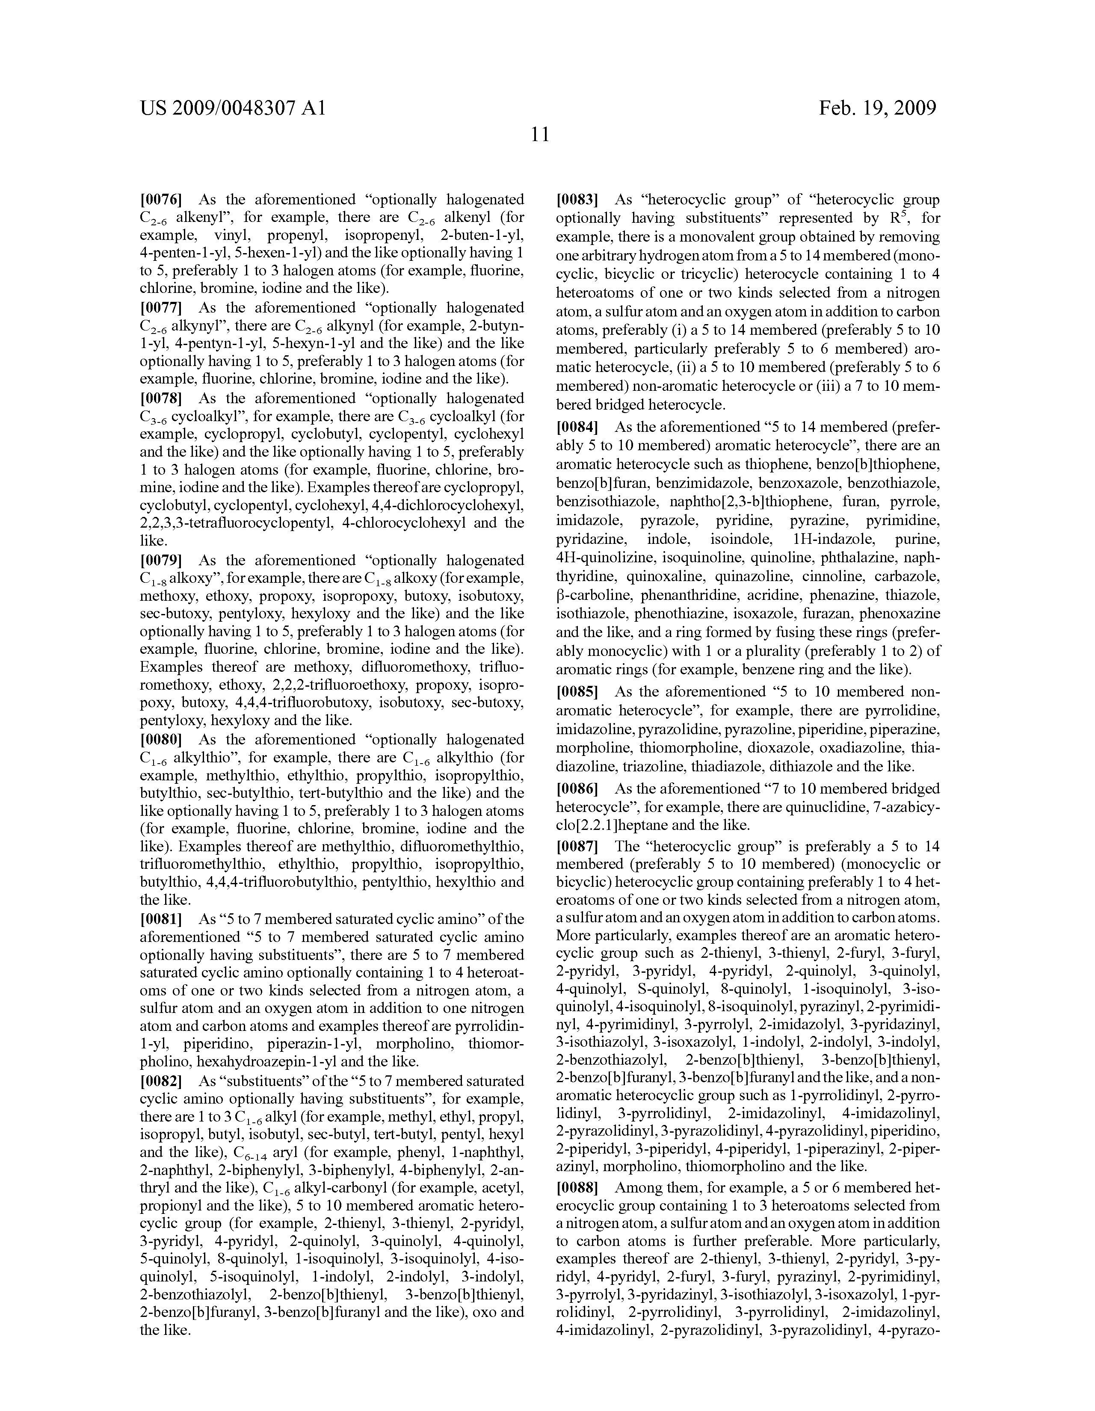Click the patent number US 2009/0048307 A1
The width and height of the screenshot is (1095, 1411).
(232, 108)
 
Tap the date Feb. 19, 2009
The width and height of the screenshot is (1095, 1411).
(877, 108)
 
